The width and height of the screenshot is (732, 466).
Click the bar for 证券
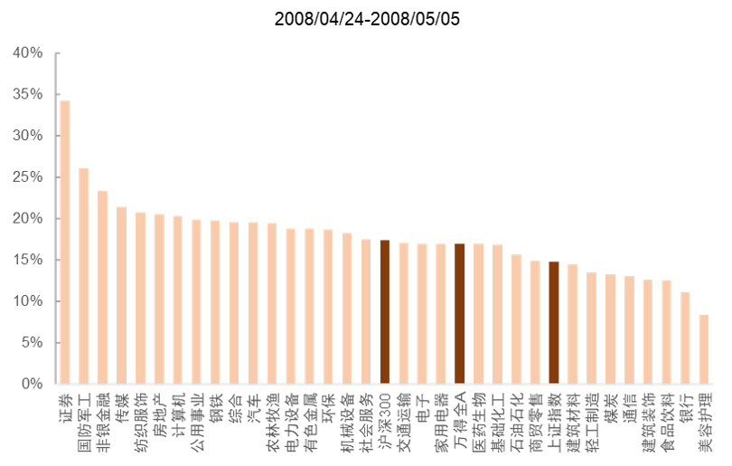click(x=65, y=242)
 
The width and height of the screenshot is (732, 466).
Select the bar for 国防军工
click(x=84, y=275)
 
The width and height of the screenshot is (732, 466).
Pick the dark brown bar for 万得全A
click(x=460, y=314)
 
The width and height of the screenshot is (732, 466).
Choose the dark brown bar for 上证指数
click(x=554, y=323)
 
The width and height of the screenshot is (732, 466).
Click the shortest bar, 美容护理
click(x=705, y=349)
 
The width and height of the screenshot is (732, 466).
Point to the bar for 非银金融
click(x=103, y=287)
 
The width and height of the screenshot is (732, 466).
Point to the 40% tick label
click(x=27, y=53)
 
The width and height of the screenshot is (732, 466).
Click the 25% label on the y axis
click(x=27, y=177)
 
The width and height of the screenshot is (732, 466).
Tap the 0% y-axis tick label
click(x=31, y=384)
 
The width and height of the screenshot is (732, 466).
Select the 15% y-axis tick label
click(x=27, y=260)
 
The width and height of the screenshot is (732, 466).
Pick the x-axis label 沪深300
click(x=384, y=419)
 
